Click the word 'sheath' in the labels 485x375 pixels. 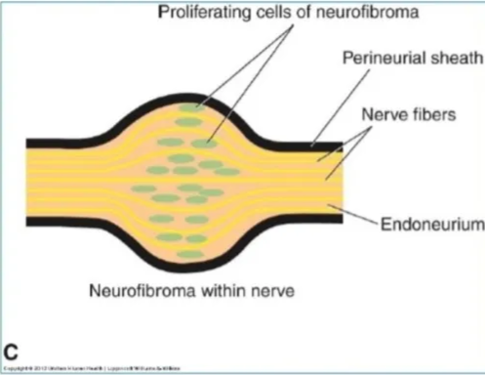click(457, 59)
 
